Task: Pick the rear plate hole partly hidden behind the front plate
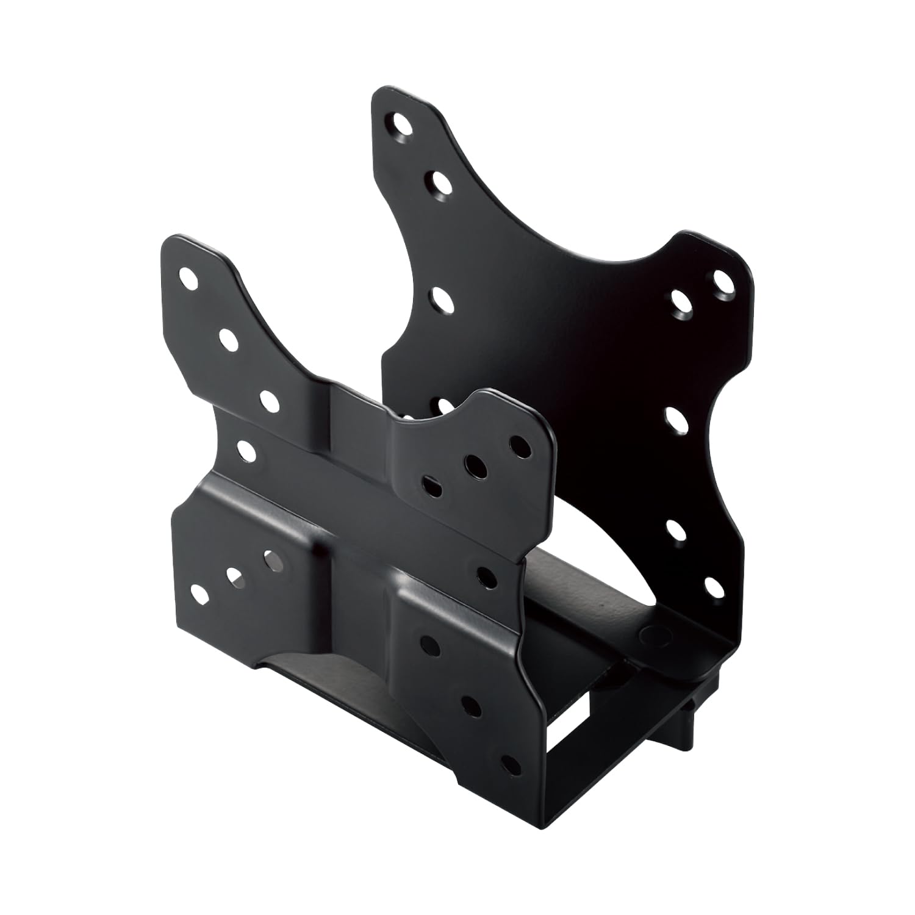(x=445, y=405)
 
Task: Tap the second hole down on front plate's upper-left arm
(x=228, y=340)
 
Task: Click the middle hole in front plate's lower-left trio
(x=235, y=576)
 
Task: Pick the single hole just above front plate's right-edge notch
(x=486, y=573)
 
